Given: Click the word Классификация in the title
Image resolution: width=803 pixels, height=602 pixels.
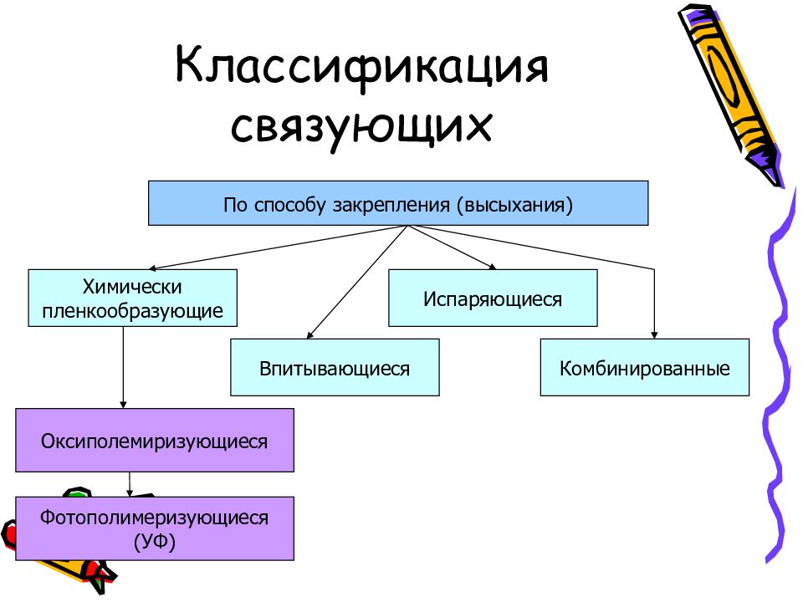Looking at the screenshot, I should pos(361,69).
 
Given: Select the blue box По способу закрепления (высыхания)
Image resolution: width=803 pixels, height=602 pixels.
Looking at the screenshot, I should pos(398,203).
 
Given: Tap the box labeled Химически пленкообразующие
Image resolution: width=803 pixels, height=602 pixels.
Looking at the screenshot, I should pos(132,298).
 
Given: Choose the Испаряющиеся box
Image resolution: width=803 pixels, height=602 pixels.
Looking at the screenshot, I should pos(493,298).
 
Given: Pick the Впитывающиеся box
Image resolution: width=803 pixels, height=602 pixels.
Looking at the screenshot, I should pos(335,367).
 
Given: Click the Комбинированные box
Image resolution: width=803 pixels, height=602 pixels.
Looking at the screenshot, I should pos(644,367).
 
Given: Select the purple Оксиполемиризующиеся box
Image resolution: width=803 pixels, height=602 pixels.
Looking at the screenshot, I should pos(155,440).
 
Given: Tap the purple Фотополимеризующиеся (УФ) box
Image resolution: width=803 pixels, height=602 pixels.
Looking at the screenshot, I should pos(155,528).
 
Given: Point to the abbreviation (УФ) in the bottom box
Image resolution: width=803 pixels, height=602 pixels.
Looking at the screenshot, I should pos(155,542).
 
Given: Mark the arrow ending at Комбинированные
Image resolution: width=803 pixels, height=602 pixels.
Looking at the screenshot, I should pos(653,301).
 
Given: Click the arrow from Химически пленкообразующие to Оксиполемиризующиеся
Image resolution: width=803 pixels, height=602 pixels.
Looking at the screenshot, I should pos(124,368).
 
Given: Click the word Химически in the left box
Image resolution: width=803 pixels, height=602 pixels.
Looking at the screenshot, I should pos(132,287).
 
